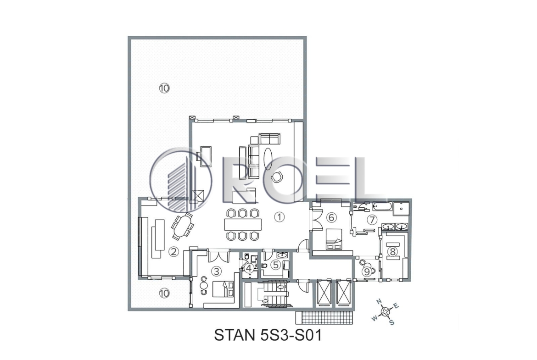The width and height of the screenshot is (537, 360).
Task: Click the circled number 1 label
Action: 280,216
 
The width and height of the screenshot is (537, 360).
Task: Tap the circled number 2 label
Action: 173,252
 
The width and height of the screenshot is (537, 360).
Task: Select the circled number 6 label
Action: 331,217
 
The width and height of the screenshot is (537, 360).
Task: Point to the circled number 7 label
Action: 372,219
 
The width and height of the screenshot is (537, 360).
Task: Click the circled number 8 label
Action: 392,251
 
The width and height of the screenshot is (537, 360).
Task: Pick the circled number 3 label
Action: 217,271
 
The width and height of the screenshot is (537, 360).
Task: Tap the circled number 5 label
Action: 276,265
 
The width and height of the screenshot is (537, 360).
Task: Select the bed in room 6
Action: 334,239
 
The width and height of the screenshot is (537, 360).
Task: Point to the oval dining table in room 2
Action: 182,226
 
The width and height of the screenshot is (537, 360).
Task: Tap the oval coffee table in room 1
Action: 268,158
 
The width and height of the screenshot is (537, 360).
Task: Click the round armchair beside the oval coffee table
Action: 276,177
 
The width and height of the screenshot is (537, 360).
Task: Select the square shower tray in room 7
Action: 401,208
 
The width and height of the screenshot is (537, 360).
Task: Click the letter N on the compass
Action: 379,301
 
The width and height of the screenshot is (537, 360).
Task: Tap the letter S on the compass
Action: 392,322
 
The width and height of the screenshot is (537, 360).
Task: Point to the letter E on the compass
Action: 396,305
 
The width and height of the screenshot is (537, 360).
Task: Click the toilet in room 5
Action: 264,266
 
